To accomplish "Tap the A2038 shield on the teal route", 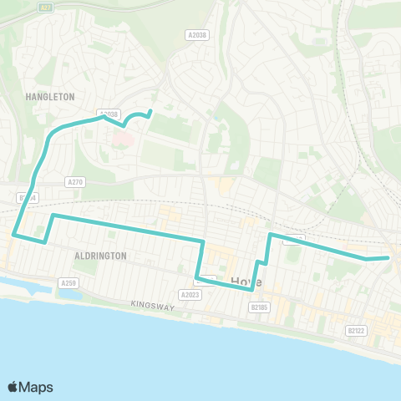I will click(x=109, y=114).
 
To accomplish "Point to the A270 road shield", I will click(x=74, y=180).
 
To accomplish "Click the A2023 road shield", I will click(x=190, y=294).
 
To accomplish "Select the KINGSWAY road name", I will click(x=152, y=307).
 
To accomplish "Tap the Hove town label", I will click(x=246, y=282).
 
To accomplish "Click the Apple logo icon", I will click(x=13, y=387).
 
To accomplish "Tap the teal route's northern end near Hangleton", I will click(x=150, y=111).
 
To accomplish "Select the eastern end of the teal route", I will click(x=388, y=258).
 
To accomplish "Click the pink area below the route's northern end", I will click(x=121, y=136).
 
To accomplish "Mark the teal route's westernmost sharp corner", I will click(x=14, y=235).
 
